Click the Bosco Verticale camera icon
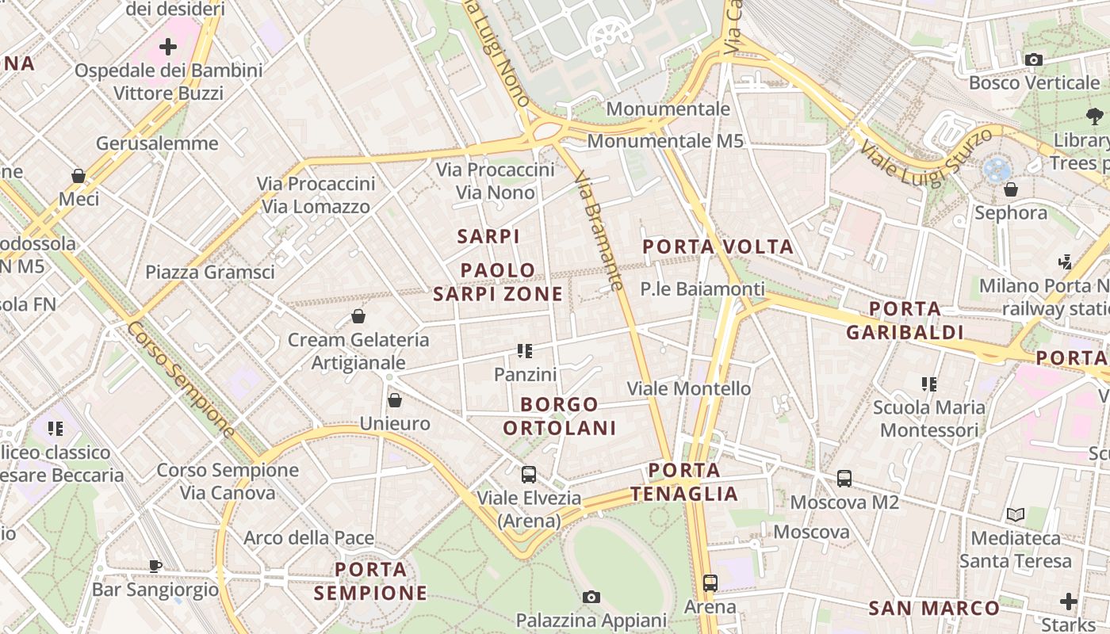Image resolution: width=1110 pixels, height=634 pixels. point(1033,59)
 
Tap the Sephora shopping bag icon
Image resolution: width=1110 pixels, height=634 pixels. point(1011,189)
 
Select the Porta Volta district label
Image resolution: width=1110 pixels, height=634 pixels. point(718,246)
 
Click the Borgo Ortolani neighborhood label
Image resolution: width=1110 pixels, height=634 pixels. point(560,416)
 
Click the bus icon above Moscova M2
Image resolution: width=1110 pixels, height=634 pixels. point(844,479)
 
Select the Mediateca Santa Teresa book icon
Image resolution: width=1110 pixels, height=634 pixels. point(1016,515)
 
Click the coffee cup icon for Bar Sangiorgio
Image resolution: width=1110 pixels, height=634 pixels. point(155,566)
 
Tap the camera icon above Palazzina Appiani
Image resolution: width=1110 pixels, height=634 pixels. point(591,597)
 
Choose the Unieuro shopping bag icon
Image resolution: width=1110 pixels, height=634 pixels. point(395,400)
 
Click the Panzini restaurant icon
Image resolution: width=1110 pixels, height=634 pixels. point(525,350)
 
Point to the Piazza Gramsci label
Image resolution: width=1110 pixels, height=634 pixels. point(210,273)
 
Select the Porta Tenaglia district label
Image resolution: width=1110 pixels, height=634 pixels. point(684,482)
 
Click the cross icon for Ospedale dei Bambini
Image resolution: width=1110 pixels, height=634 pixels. point(168,47)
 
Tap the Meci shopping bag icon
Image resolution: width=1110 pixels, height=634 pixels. point(78,175)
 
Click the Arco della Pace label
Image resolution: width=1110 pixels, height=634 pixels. point(308,538)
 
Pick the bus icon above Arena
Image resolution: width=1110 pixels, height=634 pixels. point(710,583)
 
